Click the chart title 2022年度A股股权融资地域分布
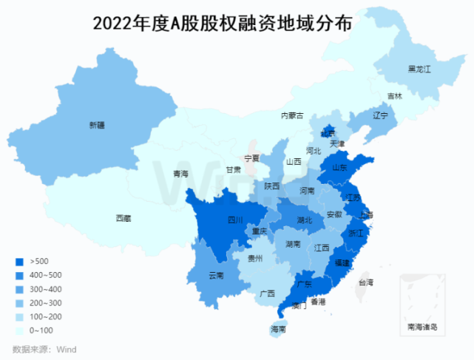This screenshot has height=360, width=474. click(x=222, y=23)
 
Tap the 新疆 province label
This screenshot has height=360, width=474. click(x=98, y=125)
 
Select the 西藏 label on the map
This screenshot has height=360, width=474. click(x=123, y=218)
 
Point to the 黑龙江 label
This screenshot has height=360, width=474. click(x=419, y=69)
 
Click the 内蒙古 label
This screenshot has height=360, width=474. click(x=292, y=115)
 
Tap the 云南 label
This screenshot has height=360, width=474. click(x=216, y=276)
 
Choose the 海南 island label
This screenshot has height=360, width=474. click(x=278, y=329)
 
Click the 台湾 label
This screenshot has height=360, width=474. click(x=366, y=282)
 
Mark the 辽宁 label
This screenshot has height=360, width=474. click(x=380, y=115)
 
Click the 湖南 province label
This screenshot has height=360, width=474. click(x=292, y=244)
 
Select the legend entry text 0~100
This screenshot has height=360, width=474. click(x=41, y=330)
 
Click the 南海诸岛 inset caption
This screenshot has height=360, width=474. click(x=422, y=326)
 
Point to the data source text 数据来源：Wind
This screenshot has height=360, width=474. click(x=44, y=349)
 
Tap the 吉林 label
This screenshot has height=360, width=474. click(x=395, y=96)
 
